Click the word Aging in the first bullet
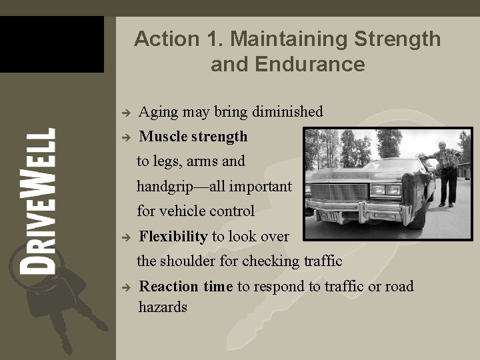tap(155, 112)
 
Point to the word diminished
tap(287, 112)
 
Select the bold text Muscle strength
tap(193, 137)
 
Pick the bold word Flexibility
tap(173, 236)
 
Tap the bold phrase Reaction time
tap(185, 287)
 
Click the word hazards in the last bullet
tap(163, 307)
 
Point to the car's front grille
tap(340, 193)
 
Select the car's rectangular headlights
tap(387, 190)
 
